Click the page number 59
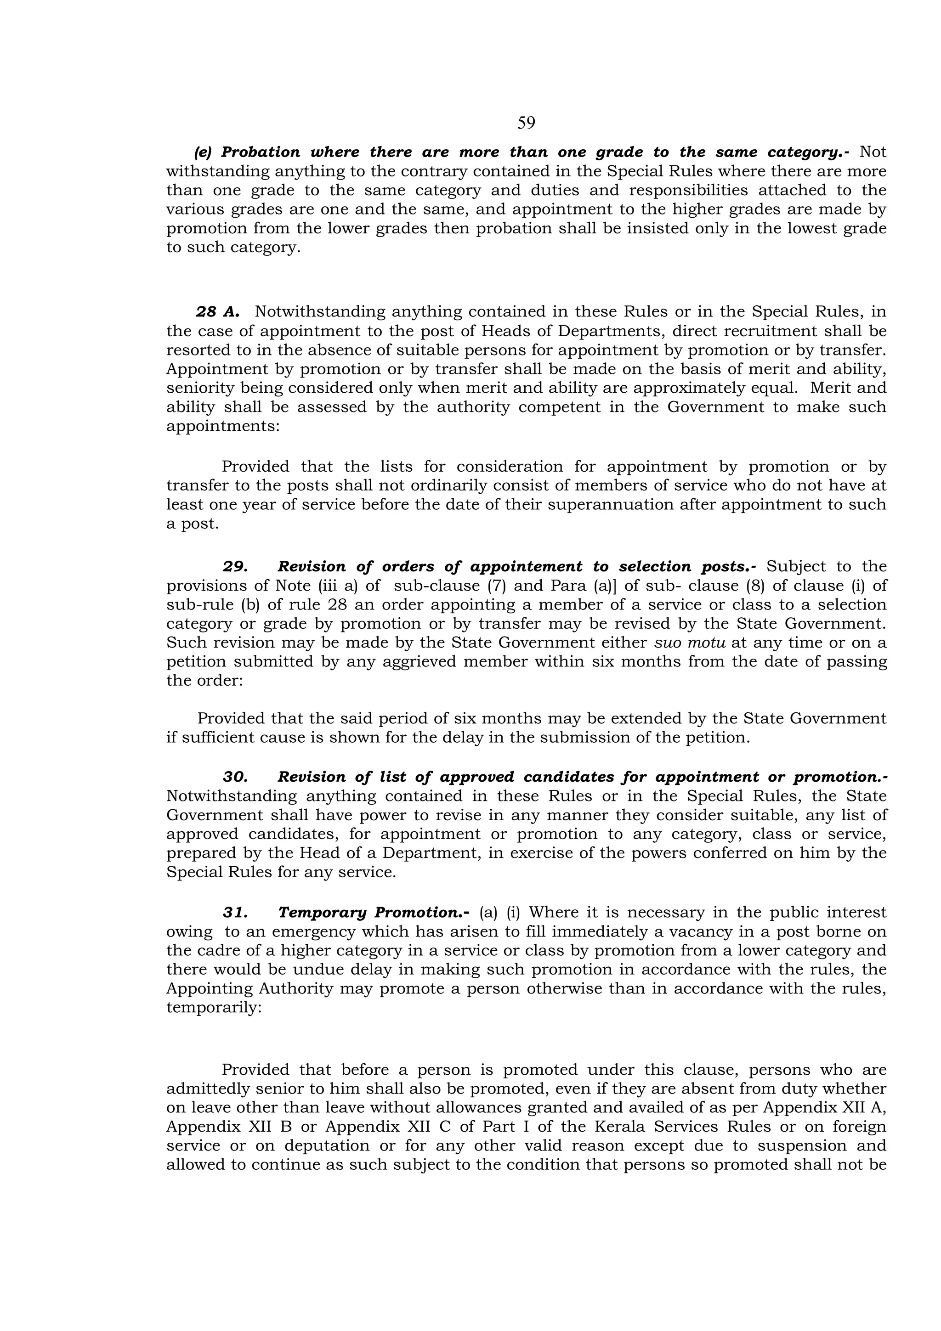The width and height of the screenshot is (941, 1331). pyautogui.click(x=526, y=123)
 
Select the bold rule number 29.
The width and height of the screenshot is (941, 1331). pyautogui.click(x=235, y=566)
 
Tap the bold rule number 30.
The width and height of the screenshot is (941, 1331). pyautogui.click(x=235, y=777)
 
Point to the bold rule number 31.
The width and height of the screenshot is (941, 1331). pyautogui.click(x=235, y=913)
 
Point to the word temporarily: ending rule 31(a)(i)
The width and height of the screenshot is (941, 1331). pyautogui.click(x=215, y=1008)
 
